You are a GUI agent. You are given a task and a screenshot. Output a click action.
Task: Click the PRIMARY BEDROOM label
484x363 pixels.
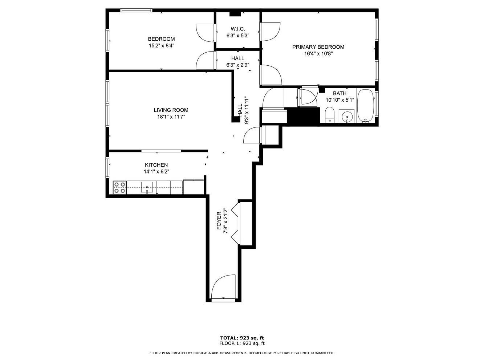(318, 47)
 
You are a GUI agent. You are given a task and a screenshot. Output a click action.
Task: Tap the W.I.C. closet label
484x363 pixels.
(238, 29)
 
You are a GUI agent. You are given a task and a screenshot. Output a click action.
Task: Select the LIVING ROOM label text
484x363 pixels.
(171, 110)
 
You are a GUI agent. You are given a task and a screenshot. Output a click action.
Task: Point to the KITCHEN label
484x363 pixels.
(156, 165)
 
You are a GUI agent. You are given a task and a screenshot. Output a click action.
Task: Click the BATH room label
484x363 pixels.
(339, 93)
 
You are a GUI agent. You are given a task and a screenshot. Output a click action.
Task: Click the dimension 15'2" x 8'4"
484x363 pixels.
(162, 46)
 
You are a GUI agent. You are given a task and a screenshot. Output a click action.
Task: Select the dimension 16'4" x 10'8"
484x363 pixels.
(318, 54)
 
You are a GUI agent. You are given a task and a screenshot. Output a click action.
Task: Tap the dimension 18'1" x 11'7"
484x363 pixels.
(171, 117)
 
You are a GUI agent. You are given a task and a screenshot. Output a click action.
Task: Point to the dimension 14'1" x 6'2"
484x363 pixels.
(156, 171)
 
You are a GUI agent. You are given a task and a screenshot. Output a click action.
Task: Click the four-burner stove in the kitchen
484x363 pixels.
(120, 188)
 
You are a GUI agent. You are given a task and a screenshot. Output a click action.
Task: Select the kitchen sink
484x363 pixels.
(147, 187)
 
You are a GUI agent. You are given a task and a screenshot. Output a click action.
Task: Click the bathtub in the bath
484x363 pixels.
(365, 106)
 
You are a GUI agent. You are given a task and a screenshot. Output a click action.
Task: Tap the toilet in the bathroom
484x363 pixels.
(330, 115)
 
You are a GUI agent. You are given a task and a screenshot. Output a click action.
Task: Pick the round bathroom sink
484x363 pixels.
(347, 116)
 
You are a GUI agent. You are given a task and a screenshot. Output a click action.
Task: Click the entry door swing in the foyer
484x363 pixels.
(223, 287)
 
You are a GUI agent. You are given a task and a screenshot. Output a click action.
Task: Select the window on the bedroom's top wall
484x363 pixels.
(136, 10)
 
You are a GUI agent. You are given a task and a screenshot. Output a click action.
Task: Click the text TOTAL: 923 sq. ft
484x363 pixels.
(242, 338)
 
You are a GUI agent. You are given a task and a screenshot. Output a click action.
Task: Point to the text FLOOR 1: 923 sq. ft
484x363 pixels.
(242, 343)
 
